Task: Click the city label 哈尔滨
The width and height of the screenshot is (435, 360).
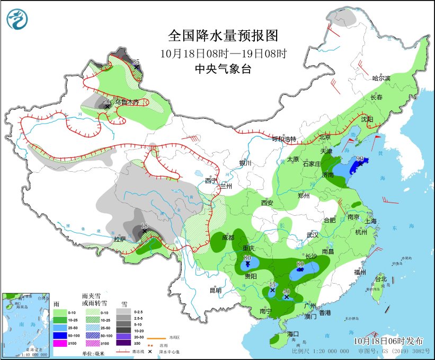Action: (x=381, y=78)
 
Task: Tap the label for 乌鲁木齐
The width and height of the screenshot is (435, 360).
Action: (x=127, y=102)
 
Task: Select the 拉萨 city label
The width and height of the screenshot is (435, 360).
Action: (x=120, y=239)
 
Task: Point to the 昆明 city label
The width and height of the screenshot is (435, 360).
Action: (x=215, y=290)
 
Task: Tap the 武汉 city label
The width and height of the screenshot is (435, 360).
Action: (x=313, y=235)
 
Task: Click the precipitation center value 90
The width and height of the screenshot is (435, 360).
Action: (x=360, y=159)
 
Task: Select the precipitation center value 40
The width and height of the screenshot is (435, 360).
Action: (x=287, y=291)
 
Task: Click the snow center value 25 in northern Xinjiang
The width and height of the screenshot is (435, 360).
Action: (x=136, y=62)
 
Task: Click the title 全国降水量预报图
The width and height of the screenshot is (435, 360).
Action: (x=223, y=36)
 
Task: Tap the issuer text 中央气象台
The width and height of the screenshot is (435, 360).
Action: (x=223, y=68)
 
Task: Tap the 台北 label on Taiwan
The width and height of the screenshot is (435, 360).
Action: (x=380, y=279)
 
